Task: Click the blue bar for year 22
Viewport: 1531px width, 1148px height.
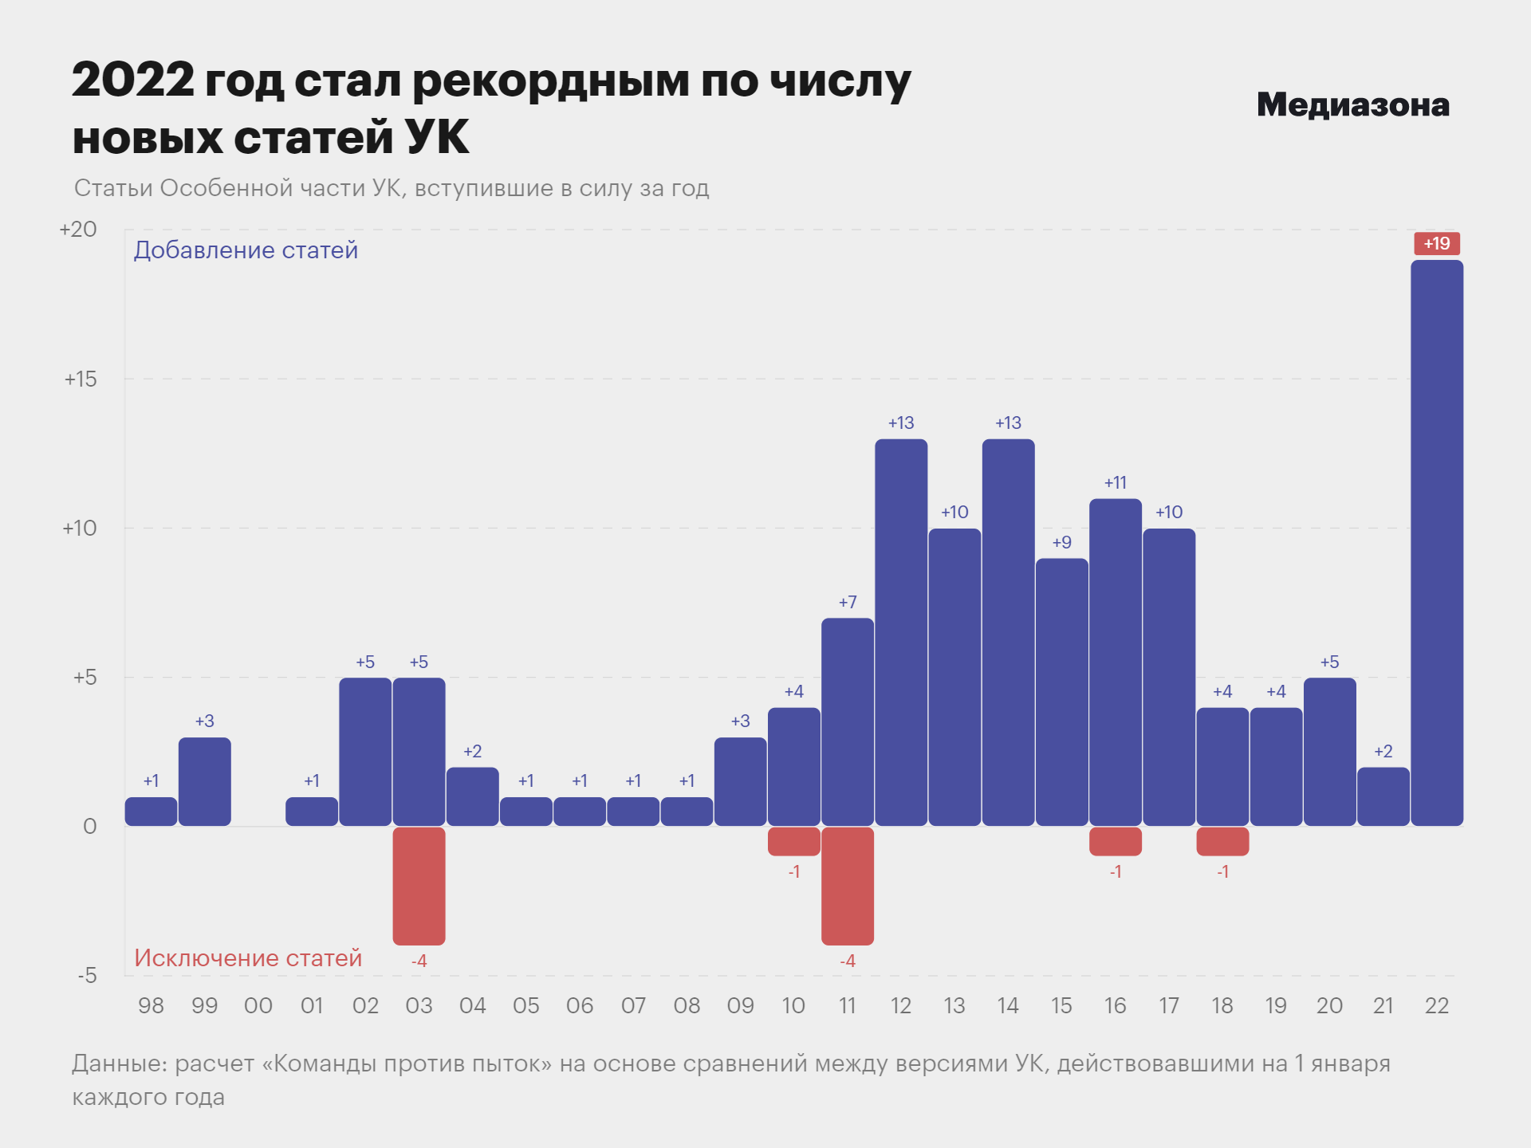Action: [1437, 542]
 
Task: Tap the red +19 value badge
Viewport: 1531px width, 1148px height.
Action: [1437, 243]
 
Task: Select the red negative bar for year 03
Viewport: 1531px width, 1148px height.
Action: [419, 886]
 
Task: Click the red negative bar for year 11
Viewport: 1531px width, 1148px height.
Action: [848, 886]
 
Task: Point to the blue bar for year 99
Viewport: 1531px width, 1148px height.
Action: [205, 781]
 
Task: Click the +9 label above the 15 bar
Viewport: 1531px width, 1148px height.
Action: [1061, 542]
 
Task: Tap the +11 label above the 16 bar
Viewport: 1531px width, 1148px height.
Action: [1115, 482]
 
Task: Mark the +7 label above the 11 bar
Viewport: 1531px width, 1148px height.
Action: [848, 602]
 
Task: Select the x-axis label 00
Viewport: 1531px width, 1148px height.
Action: [258, 1005]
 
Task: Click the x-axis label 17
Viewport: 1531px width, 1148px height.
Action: [1169, 1005]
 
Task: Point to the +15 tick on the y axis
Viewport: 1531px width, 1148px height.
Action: [81, 379]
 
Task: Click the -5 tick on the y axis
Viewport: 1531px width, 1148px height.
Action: [87, 975]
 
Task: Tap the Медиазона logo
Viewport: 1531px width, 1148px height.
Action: [1352, 104]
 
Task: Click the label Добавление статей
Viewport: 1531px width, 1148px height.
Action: [246, 250]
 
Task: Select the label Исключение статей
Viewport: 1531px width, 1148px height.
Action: [248, 957]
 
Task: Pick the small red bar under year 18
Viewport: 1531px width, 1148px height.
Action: [1222, 841]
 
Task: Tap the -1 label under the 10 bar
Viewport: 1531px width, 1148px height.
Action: [794, 871]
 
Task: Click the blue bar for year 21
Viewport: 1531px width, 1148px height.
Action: [1383, 796]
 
